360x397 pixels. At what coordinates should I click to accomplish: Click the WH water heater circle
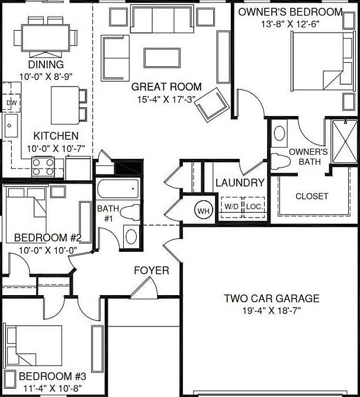tap(203, 211)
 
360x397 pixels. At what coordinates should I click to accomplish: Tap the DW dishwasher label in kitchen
tap(11, 103)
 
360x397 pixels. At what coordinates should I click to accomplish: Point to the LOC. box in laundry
tap(254, 207)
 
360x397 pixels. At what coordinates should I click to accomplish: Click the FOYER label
tap(151, 271)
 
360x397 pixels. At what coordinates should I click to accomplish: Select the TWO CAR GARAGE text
tap(272, 299)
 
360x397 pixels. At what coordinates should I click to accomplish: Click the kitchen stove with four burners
tap(43, 167)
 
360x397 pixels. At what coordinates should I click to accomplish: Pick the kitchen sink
tap(10, 126)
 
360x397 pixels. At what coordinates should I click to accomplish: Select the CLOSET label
tap(311, 196)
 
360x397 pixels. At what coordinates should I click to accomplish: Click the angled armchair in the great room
tap(213, 104)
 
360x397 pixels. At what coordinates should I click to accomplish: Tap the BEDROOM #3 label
tap(53, 376)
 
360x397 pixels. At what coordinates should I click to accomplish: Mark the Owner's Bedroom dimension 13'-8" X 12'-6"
tap(290, 24)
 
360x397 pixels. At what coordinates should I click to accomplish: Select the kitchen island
tap(65, 104)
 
